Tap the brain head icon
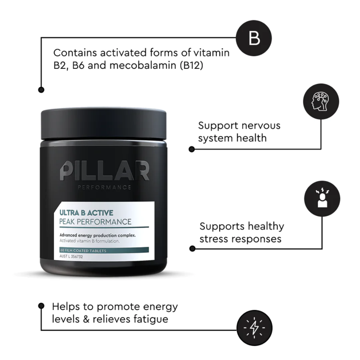(x=321, y=101)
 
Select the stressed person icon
(x=322, y=199)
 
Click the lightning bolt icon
(x=254, y=328)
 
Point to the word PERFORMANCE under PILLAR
(x=104, y=188)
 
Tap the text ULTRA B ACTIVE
(x=86, y=212)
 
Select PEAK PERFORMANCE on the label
(x=95, y=222)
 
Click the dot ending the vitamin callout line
(x=41, y=90)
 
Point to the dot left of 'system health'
(x=192, y=149)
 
